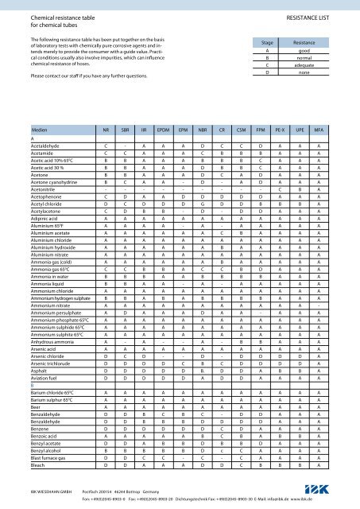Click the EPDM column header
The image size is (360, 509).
point(164,128)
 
